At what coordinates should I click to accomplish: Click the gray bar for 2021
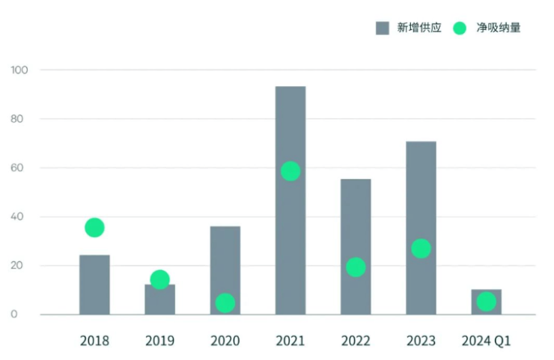[x=290, y=225]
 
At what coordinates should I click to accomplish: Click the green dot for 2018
[x=94, y=228]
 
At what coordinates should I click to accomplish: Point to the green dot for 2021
[x=290, y=171]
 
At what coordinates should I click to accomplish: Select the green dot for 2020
[x=225, y=303]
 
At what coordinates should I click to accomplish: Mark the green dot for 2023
[x=421, y=248]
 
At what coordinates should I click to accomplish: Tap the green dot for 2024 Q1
[x=487, y=302]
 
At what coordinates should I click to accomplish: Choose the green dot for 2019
[x=159, y=280]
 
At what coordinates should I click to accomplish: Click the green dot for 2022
[x=356, y=267]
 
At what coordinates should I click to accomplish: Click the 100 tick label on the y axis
[x=19, y=70]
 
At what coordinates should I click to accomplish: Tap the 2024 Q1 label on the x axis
[x=486, y=341]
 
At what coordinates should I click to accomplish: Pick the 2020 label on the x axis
[x=225, y=341]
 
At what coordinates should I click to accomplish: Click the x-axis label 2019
[x=159, y=341]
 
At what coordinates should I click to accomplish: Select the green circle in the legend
[x=460, y=28]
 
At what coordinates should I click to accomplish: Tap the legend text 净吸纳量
[x=498, y=28]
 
